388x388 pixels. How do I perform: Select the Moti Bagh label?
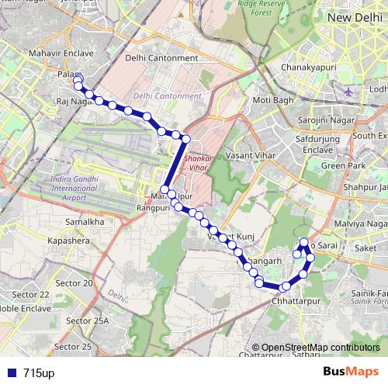pyautogui.click(x=273, y=100)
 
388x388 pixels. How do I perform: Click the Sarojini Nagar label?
pyautogui.click(x=328, y=120)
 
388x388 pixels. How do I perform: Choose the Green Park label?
pyautogui.click(x=343, y=165)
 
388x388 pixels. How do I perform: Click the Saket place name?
pyautogui.click(x=364, y=248)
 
